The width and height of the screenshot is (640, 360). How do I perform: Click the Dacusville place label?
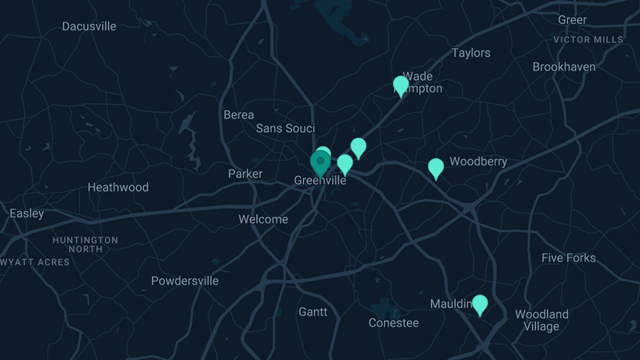coord(89,26)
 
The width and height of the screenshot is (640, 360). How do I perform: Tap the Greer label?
coord(572,20)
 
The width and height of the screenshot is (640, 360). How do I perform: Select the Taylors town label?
coord(471,54)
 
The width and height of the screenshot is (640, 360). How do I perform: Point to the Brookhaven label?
coord(564,67)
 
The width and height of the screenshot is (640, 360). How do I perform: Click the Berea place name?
coord(238,115)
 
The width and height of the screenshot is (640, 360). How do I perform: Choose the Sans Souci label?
coord(285,129)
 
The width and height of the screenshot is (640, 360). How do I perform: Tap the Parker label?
coord(245,174)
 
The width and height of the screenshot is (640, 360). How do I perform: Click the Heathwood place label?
coord(118,188)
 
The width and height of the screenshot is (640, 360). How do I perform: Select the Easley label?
coord(26,214)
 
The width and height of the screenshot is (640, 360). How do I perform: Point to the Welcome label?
coord(263,219)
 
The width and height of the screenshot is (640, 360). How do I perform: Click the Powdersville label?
coord(185,281)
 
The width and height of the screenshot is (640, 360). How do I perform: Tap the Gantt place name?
coord(313,311)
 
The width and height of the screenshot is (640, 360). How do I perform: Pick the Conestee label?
coord(394,323)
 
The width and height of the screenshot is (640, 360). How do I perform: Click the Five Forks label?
coord(568,258)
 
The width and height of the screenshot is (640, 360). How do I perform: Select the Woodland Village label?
coord(542,320)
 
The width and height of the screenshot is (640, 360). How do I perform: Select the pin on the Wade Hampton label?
coord(401,86)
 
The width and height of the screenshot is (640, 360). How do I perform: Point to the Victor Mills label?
coord(588,39)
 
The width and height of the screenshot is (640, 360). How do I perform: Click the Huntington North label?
coord(85,244)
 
